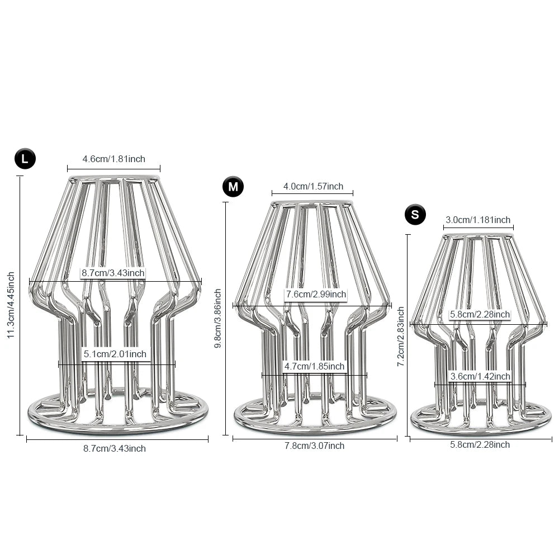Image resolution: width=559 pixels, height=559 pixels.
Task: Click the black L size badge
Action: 25,159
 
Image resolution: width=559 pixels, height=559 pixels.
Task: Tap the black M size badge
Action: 233,187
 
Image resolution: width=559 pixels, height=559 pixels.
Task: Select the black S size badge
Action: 415,215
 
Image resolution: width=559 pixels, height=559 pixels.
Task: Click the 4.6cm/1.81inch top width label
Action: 113,159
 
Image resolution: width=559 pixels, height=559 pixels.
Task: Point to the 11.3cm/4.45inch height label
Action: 11,305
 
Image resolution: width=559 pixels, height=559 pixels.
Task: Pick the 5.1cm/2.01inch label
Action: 115,354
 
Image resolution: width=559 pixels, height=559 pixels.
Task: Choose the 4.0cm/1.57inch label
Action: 313,186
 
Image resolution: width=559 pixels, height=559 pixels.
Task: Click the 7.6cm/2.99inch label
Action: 316,294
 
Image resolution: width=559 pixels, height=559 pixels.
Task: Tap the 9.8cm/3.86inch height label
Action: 218,318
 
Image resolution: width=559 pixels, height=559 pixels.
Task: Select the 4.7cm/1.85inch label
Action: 314,366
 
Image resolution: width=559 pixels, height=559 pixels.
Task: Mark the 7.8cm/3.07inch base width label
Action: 314,446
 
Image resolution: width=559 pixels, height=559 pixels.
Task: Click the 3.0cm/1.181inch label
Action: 478,220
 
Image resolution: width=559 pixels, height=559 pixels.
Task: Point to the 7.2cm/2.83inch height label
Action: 401,337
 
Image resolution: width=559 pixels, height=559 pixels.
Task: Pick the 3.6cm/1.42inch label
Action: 480,376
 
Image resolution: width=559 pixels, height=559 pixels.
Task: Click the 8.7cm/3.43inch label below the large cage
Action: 115,448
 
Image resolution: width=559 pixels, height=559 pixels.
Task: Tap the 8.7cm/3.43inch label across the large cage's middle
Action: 113,273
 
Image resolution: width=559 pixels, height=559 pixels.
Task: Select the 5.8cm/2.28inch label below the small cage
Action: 480,444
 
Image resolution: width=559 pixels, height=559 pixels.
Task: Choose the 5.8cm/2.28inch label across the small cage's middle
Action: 480,314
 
